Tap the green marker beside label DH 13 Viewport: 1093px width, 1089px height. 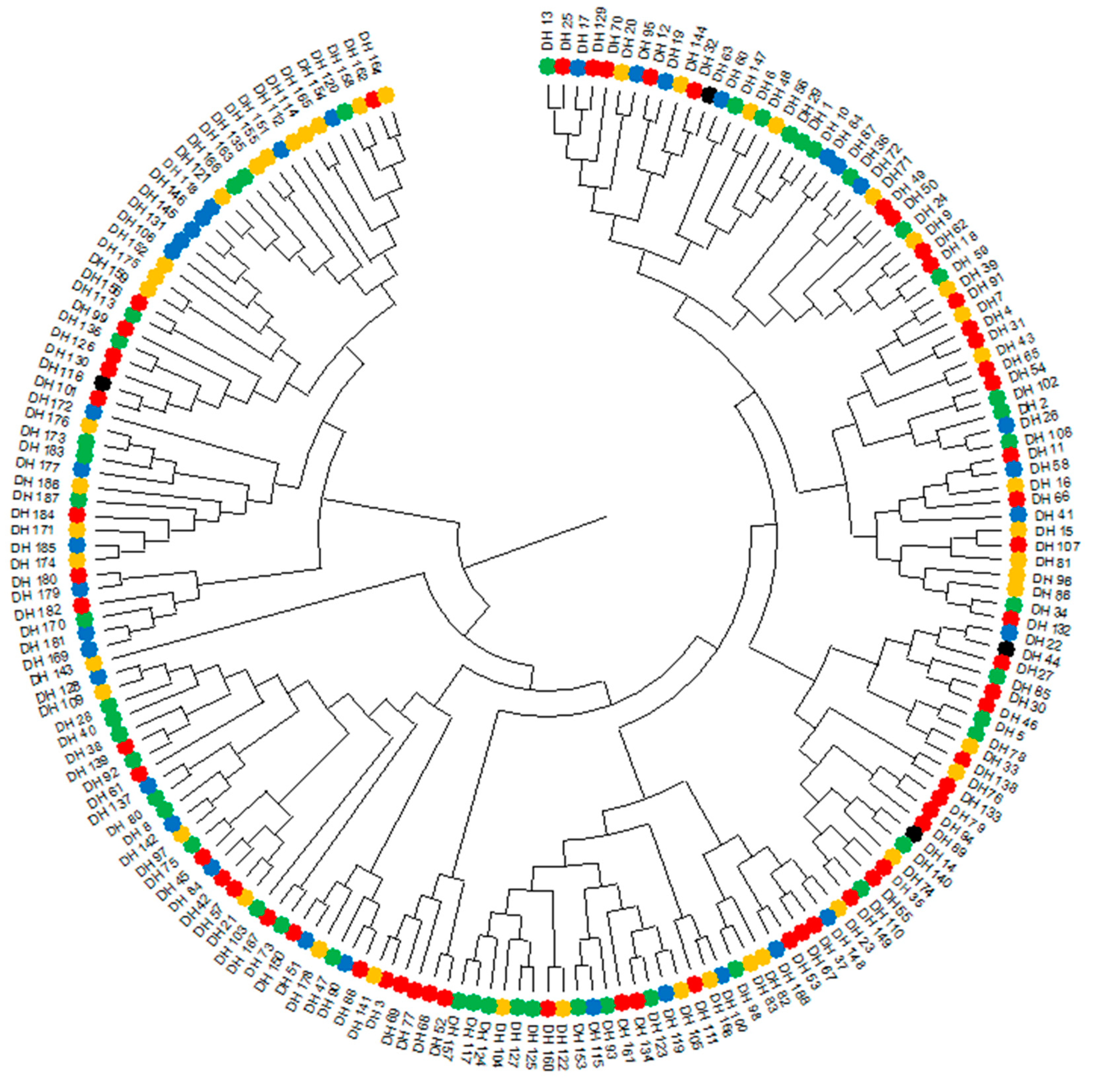click(546, 66)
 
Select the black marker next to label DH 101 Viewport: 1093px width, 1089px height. click(102, 383)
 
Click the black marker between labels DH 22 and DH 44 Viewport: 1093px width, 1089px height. click(1006, 648)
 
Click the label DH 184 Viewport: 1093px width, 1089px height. click(33, 514)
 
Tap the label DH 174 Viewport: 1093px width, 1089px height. click(33, 563)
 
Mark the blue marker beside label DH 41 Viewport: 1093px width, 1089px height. click(1018, 514)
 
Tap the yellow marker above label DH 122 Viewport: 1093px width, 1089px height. click(563, 1008)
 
